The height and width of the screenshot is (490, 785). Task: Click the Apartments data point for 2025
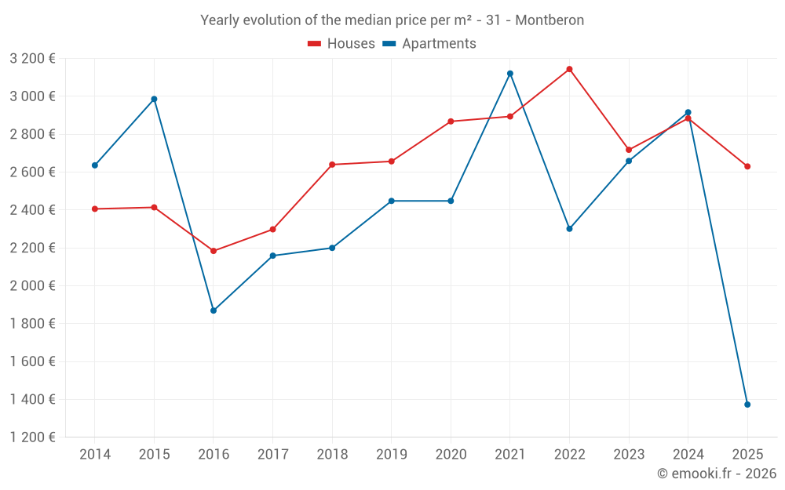[x=747, y=405]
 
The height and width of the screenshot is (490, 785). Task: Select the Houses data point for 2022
[x=569, y=69]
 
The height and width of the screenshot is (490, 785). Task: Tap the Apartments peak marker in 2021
[x=510, y=74]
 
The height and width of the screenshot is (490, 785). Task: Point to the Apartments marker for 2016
[x=214, y=310]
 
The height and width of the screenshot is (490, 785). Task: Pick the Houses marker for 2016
[x=214, y=251]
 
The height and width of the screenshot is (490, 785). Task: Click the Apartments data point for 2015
[x=154, y=99]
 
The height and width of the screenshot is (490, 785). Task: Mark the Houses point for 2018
[x=332, y=165]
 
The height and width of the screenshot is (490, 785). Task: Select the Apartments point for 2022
[x=569, y=229]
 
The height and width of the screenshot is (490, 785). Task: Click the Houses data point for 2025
[x=747, y=166]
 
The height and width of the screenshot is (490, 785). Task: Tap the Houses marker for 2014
[x=95, y=209]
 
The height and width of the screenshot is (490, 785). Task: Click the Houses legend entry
[x=341, y=44]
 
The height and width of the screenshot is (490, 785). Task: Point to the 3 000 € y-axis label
[x=33, y=96]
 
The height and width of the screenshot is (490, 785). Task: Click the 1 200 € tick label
[x=33, y=437]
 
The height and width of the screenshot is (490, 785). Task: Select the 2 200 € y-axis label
[x=33, y=248]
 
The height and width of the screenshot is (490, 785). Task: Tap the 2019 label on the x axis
[x=391, y=455]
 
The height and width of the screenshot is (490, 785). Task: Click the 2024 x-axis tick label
[x=688, y=455]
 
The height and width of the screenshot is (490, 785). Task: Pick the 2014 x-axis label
[x=95, y=455]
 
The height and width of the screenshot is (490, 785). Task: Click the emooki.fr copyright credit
[x=717, y=474]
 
